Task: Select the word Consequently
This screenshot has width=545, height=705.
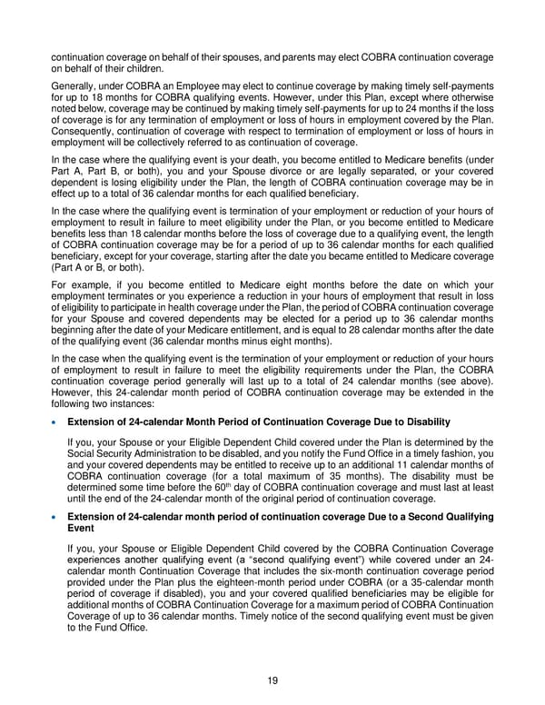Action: tap(90, 133)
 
